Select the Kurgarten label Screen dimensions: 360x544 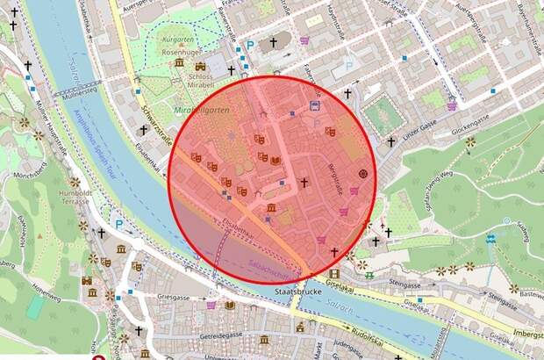click(178, 40)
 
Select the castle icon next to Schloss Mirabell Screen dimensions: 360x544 click(201, 65)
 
